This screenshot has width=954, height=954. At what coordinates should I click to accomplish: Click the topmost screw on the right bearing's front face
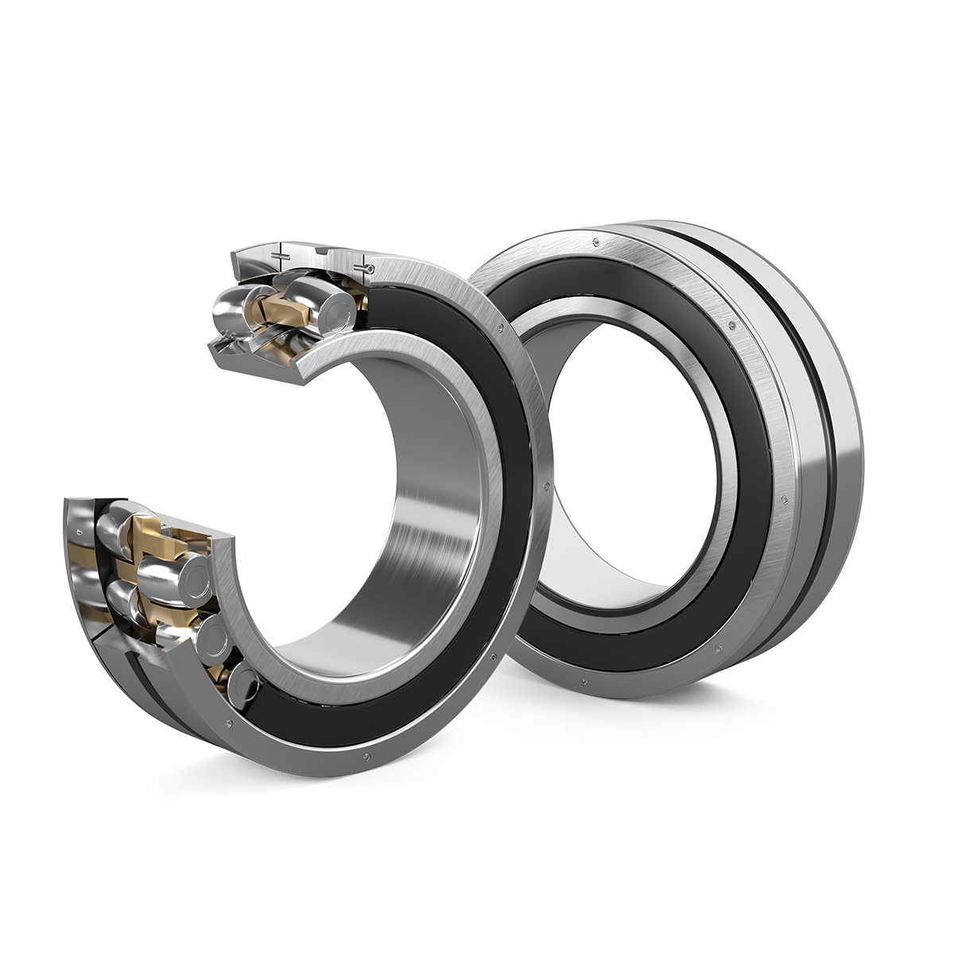[x=592, y=239]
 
